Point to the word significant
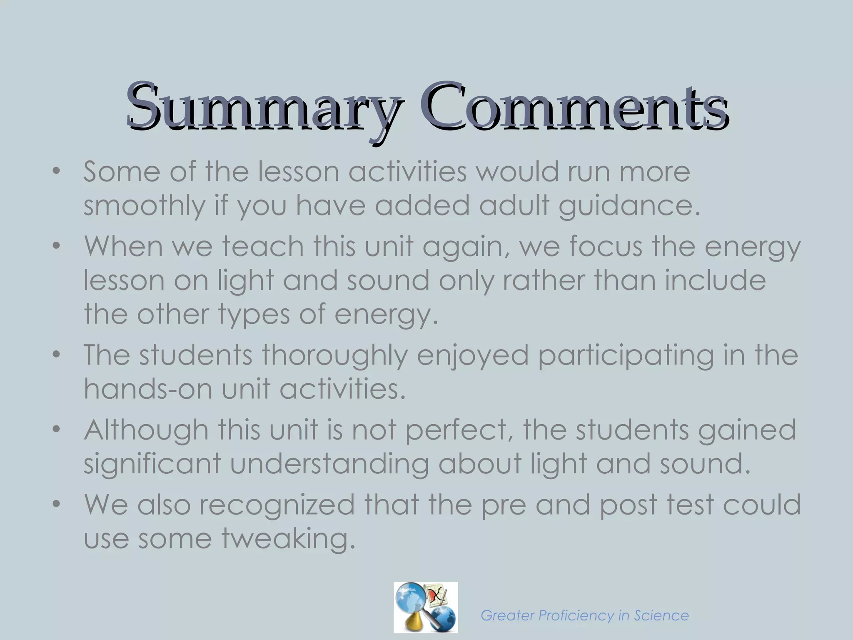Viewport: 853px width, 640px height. pos(152,464)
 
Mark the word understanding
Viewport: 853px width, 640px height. pos(329,464)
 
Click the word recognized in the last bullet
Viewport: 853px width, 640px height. pos(277,505)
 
